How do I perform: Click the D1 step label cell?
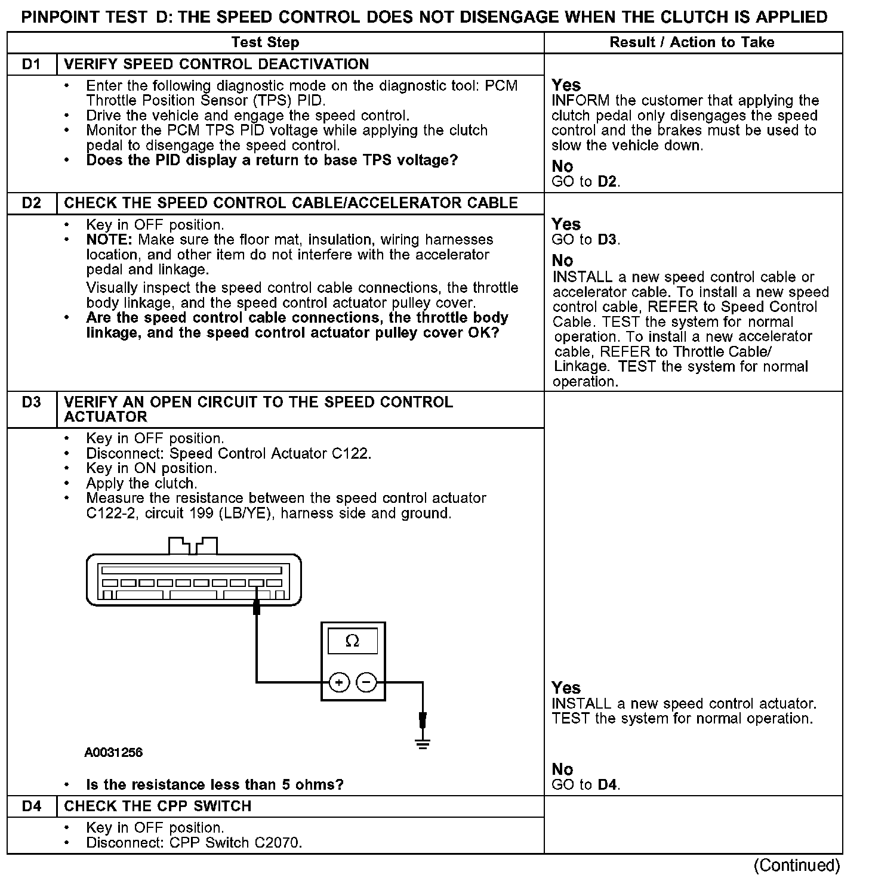tap(32, 64)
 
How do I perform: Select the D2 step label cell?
tap(32, 203)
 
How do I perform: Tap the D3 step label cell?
tap(32, 403)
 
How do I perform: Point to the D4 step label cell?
tap(32, 806)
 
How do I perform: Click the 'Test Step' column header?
tap(265, 42)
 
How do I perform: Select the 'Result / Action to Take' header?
tap(692, 42)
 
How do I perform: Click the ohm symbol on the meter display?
tap(353, 641)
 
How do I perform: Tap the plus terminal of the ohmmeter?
tap(338, 682)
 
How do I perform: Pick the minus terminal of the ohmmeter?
tap(366, 682)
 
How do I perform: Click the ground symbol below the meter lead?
tap(423, 743)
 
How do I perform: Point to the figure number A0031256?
tap(113, 753)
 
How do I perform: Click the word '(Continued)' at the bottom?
tap(797, 865)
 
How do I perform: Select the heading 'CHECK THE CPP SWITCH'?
tap(158, 806)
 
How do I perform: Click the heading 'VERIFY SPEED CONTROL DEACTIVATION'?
tap(216, 64)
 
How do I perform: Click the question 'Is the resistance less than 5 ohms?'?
tap(215, 784)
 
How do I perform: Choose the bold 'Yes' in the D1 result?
tap(566, 85)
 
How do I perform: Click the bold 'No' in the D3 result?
tap(562, 769)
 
